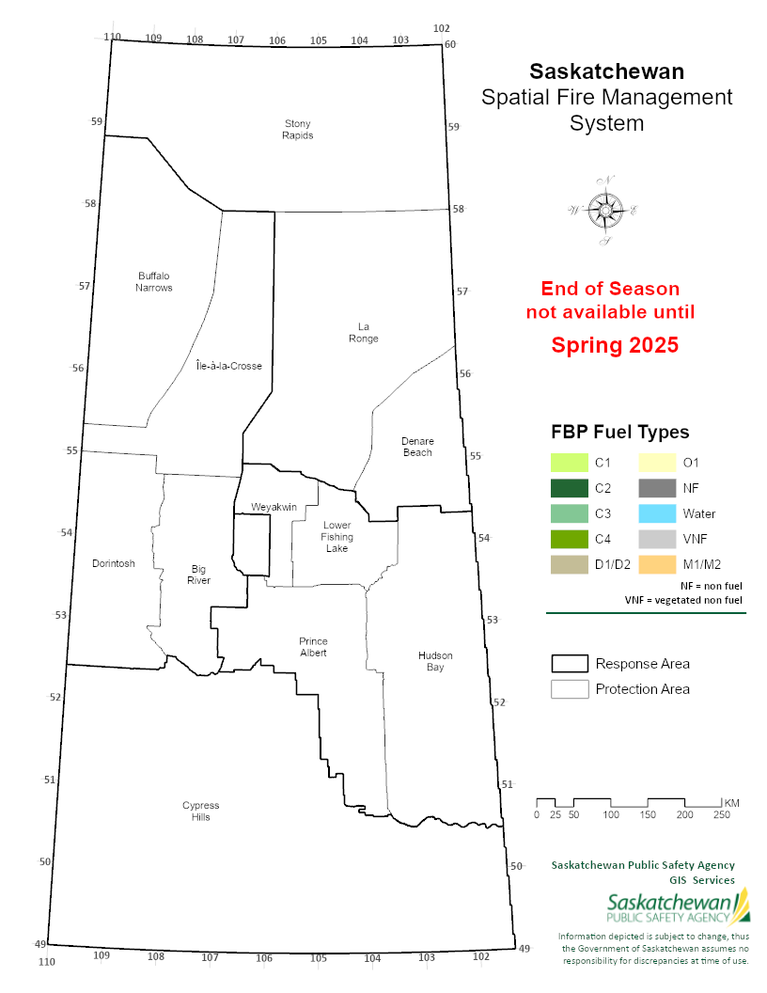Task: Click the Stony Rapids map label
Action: click(x=298, y=129)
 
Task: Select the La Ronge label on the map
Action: click(x=363, y=332)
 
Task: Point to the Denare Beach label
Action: click(x=417, y=447)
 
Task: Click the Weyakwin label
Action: click(x=274, y=507)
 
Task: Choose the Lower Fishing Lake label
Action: click(x=337, y=536)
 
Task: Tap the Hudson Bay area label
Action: click(x=435, y=661)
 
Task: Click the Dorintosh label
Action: click(x=114, y=563)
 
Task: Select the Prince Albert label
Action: click(x=313, y=647)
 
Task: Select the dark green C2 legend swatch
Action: click(x=569, y=488)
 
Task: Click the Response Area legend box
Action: click(x=569, y=664)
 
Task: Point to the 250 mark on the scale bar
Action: click(x=722, y=814)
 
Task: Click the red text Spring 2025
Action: click(x=614, y=345)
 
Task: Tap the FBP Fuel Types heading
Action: click(x=619, y=433)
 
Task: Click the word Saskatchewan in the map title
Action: click(x=606, y=71)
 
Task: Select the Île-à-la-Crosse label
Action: click(x=228, y=365)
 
